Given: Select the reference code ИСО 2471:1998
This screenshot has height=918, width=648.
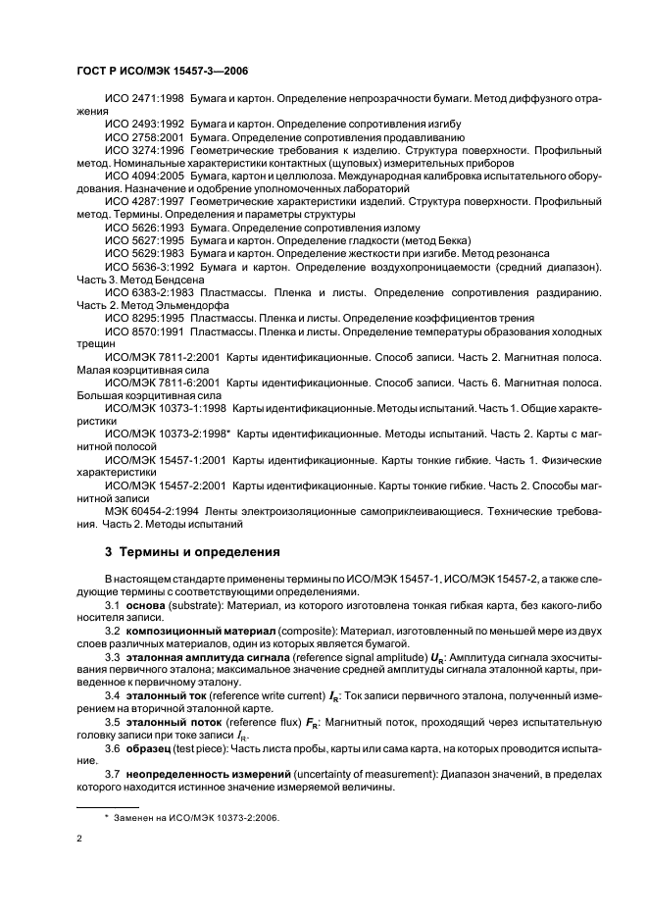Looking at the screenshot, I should pos(144,99).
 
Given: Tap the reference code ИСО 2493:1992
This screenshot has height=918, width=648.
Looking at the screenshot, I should pos(144,125).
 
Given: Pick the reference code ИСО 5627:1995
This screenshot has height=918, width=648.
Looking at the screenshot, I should pos(144,239).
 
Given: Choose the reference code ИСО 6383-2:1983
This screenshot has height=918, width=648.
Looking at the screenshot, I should pos(148,291).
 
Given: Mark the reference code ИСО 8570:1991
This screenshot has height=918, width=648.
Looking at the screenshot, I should pos(144,331).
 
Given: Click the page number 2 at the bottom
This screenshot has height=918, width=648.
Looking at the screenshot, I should pos(78,839).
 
